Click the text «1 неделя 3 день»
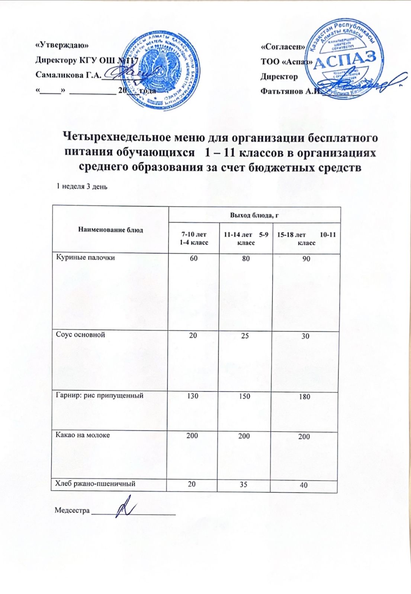(x=81, y=186)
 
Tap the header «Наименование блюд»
(x=110, y=230)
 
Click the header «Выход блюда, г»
(x=255, y=215)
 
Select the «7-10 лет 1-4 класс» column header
(x=193, y=238)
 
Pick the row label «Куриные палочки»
(x=85, y=257)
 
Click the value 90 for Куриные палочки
(x=306, y=259)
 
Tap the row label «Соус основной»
(x=80, y=334)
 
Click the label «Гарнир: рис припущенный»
(x=99, y=396)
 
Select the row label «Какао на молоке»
(x=83, y=435)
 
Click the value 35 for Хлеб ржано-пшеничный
(x=244, y=484)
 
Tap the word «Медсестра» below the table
(x=72, y=510)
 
